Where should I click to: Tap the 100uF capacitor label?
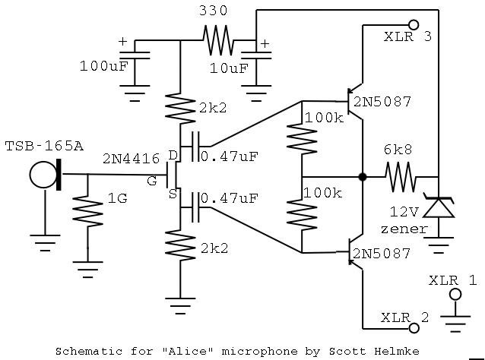coord(103,65)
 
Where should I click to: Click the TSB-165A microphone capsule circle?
coord(43,175)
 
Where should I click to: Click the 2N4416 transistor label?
coord(131,159)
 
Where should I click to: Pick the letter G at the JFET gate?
coord(151,180)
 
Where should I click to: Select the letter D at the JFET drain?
coord(173,156)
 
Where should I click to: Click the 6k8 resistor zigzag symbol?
coord(400,177)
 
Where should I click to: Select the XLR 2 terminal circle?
coord(414,328)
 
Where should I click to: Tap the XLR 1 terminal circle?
coord(455,293)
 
